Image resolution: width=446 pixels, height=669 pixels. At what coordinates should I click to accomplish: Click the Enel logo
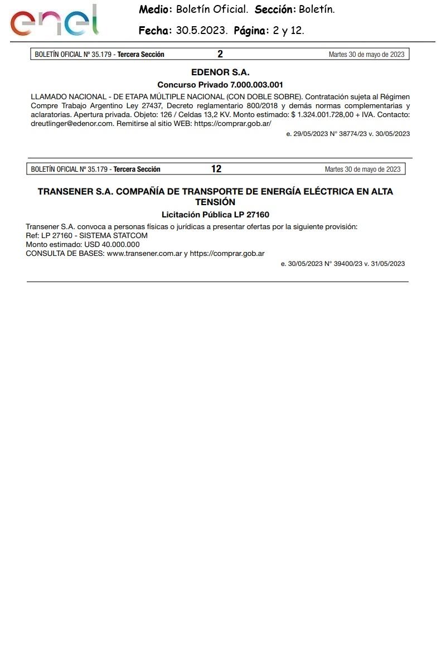point(55,21)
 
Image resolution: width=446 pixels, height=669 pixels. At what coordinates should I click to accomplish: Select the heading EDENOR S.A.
point(220,72)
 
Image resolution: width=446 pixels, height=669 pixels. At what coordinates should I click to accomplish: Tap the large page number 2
point(220,54)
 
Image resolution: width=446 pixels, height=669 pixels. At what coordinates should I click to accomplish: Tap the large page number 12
point(216,169)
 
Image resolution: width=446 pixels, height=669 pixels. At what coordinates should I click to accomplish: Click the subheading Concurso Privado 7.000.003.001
point(220,85)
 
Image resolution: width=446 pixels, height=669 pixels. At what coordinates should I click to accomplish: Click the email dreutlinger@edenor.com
point(72,123)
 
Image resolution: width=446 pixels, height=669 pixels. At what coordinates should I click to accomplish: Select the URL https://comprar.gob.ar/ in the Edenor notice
point(232,123)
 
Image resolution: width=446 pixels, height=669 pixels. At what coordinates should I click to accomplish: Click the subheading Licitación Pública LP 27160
point(215,214)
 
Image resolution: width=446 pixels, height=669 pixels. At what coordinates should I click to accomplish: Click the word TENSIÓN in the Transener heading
point(215,202)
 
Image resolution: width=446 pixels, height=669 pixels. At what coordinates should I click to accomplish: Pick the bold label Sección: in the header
point(275,10)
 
